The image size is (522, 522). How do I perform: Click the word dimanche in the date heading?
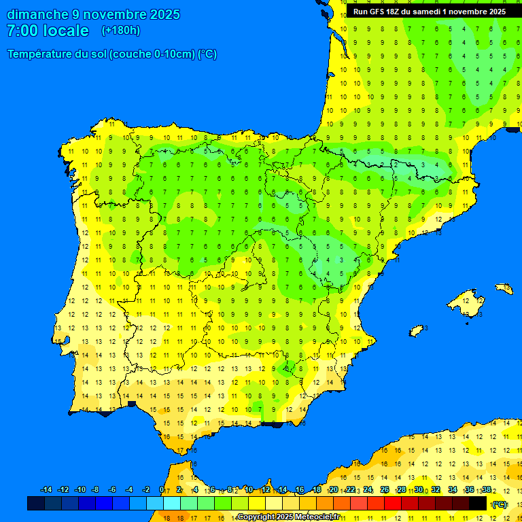(x=37, y=14)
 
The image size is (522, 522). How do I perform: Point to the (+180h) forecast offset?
(x=121, y=31)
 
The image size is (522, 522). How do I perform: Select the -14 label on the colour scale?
(x=46, y=490)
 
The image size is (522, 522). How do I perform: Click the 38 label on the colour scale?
(x=486, y=490)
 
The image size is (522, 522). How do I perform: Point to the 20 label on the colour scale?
(x=334, y=490)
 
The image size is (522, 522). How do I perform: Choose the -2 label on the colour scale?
(x=145, y=490)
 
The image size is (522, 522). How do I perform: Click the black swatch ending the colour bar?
(x=478, y=503)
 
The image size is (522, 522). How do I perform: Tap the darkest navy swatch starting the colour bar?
(x=35, y=503)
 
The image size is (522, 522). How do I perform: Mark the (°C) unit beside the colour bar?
(x=500, y=504)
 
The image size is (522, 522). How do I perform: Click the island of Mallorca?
(x=468, y=298)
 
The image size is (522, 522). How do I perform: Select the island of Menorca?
(x=504, y=289)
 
